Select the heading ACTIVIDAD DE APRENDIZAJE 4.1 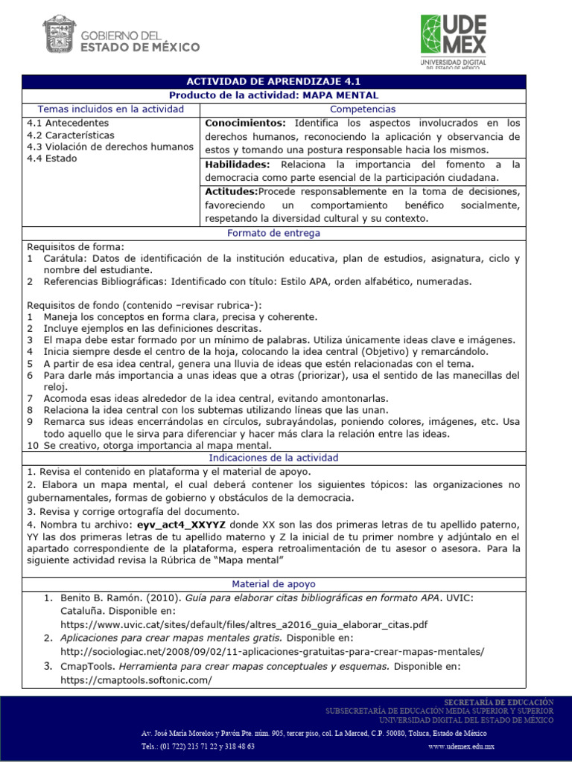(273, 82)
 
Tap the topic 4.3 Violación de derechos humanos (110, 147)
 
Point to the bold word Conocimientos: (245, 123)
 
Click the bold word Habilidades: (240, 164)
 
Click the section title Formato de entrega (273, 233)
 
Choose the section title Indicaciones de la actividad (273, 458)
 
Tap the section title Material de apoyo (273, 584)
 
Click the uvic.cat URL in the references (244, 624)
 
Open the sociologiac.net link (272, 651)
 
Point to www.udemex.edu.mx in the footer (462, 746)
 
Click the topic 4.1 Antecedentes (68, 123)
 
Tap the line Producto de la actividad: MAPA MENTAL (273, 95)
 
